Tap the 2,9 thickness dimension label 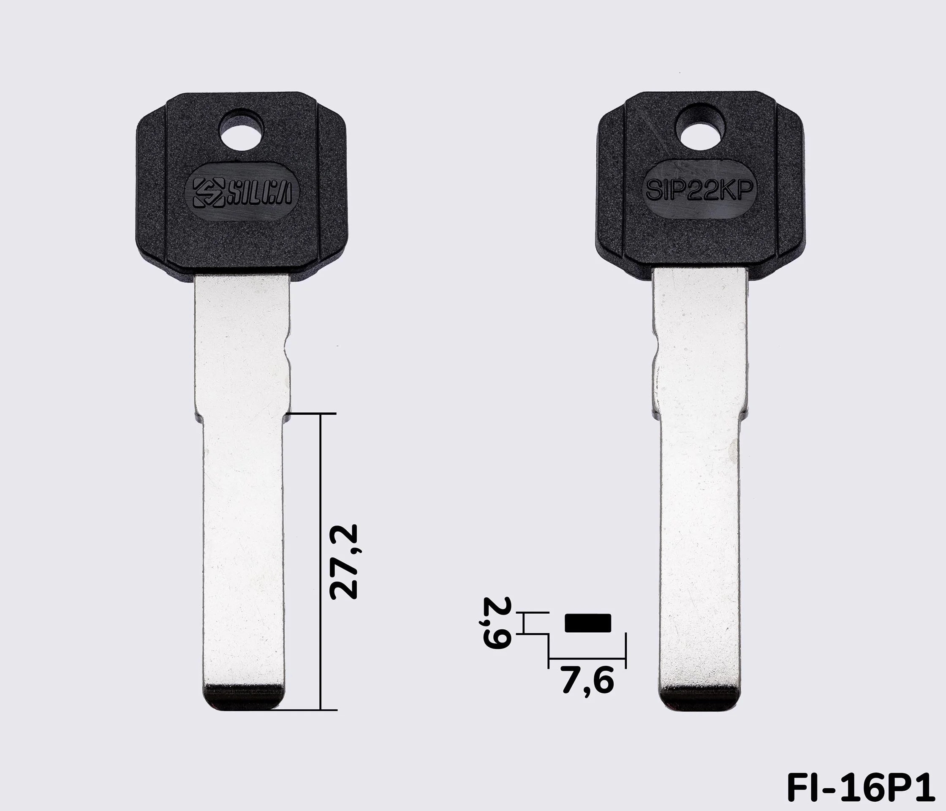pyautogui.click(x=496, y=623)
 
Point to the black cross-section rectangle pyautogui.click(x=587, y=623)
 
